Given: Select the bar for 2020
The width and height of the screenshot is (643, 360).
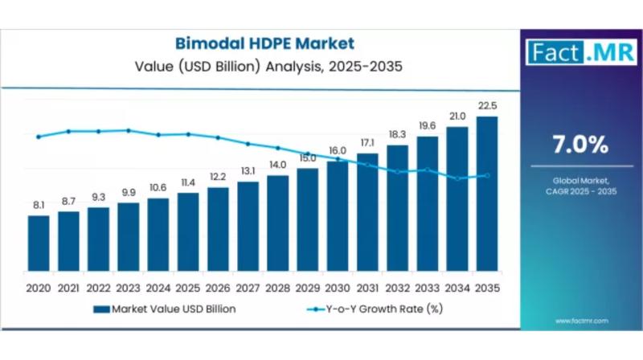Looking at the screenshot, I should pos(39,242).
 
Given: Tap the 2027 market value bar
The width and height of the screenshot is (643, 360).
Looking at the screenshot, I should pos(248,225).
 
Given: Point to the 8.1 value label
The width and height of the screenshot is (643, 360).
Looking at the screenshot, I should pos(39,206).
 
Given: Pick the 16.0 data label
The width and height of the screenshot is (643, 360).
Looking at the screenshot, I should pos(338,151).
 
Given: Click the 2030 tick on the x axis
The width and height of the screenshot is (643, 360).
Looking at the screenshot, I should pos(338,287).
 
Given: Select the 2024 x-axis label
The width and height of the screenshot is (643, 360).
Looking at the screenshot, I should pos(158,287).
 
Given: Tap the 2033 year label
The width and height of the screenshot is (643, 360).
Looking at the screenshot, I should pos(428,287).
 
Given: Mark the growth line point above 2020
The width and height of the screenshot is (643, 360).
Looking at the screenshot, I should pos(39,137).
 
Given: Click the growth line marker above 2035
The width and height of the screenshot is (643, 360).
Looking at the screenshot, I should pos(487,175).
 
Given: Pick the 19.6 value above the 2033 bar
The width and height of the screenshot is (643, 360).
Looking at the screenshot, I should pos(428,125).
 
